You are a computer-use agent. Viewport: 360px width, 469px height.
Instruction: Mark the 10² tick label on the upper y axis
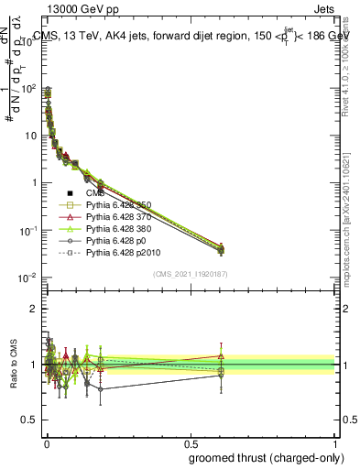pos(28,88)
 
